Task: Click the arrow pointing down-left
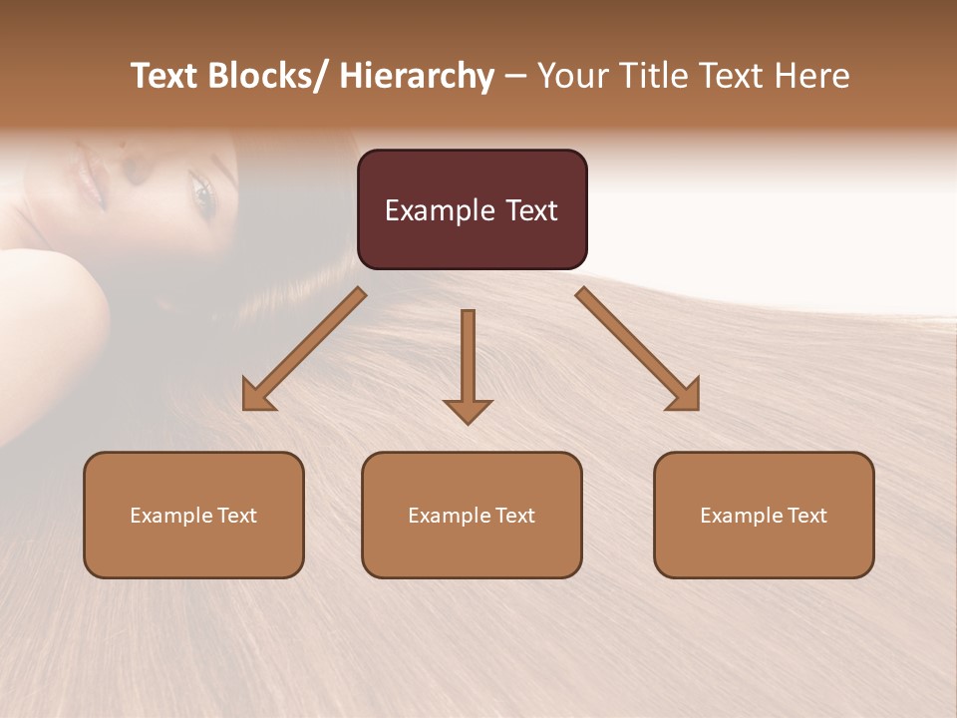[303, 350]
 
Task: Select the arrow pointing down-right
[638, 350]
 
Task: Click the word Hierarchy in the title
[416, 76]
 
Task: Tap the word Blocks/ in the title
[270, 76]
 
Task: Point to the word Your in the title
[570, 76]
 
